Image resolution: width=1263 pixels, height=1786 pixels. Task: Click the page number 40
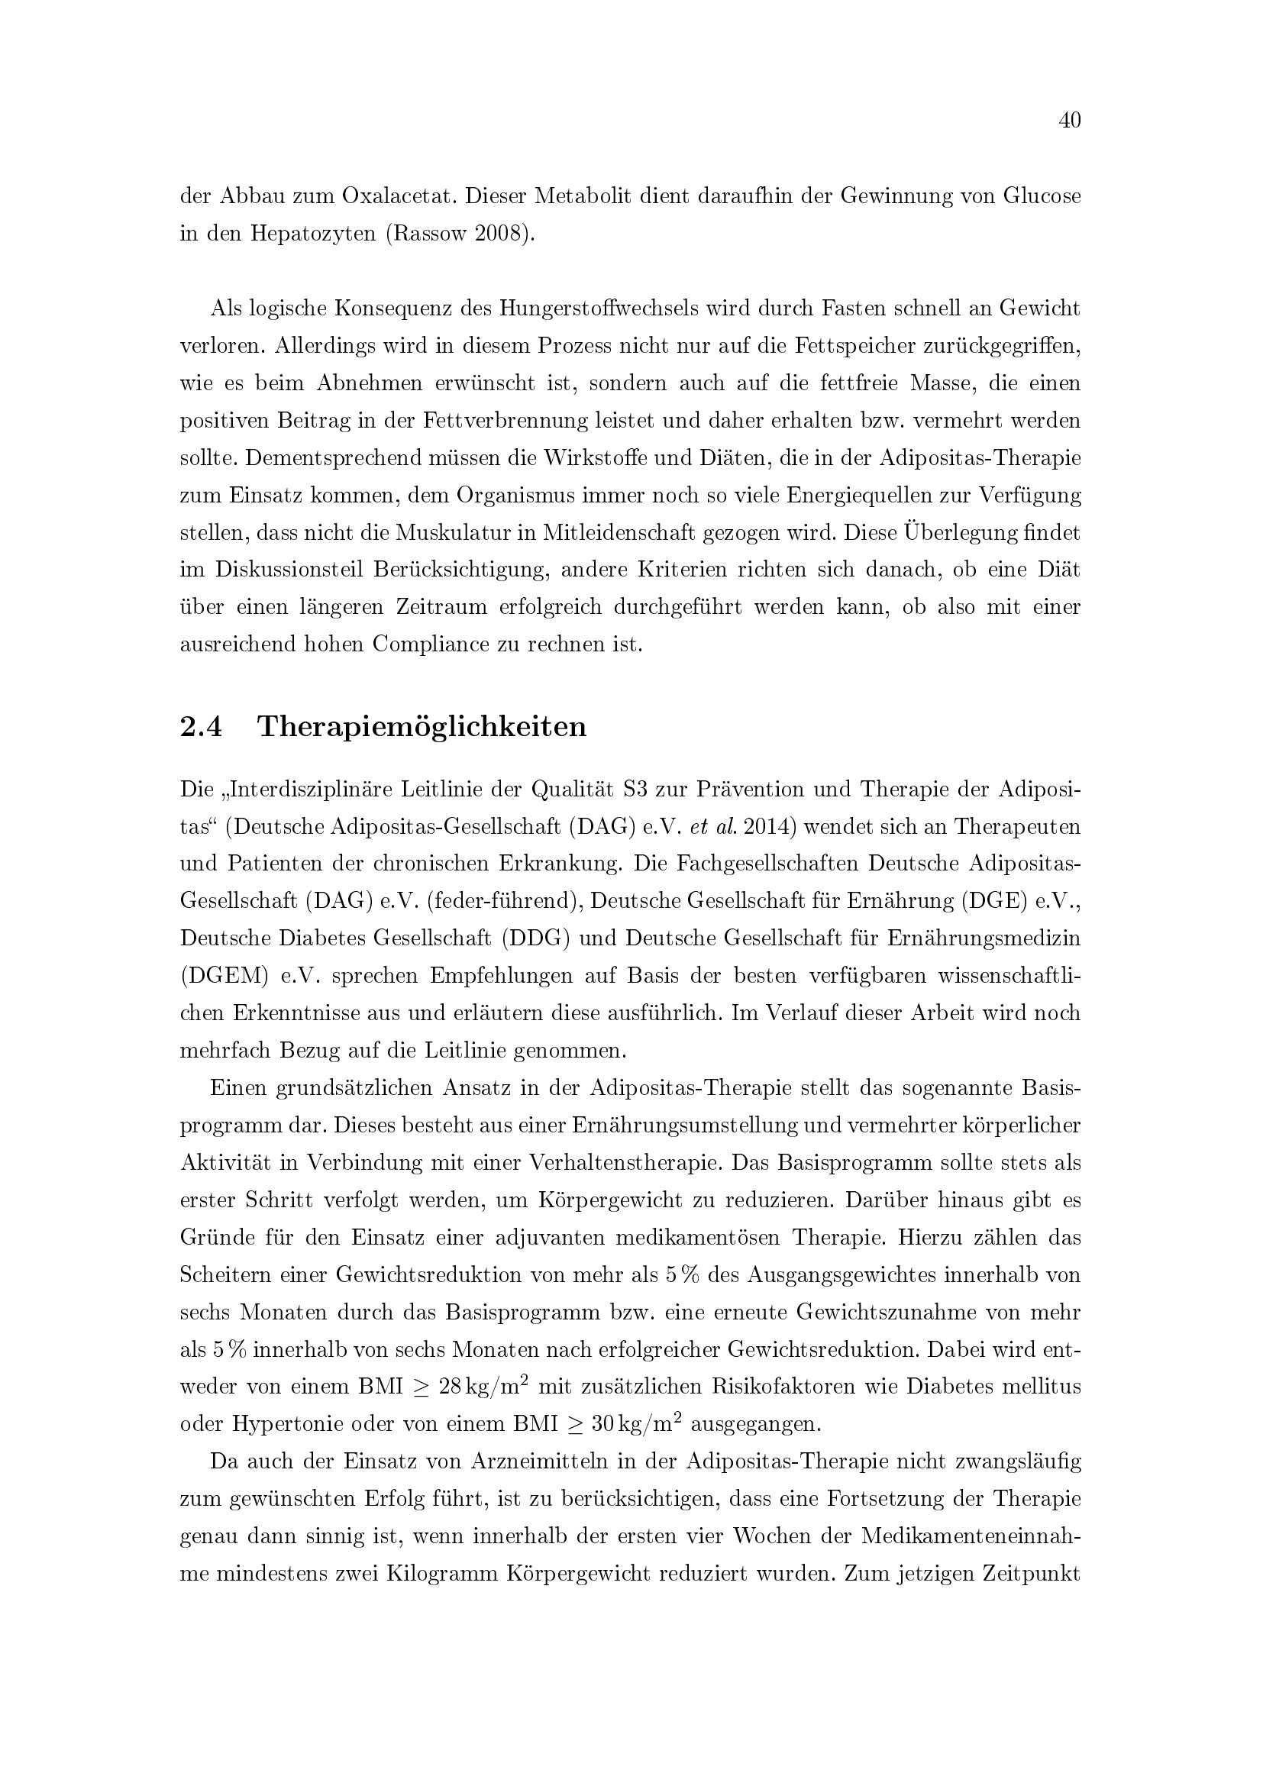click(1069, 121)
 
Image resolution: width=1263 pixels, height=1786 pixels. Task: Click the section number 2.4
click(201, 726)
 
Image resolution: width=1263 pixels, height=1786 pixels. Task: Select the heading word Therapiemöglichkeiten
click(422, 726)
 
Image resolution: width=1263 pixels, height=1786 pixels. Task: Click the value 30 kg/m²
click(637, 1423)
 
